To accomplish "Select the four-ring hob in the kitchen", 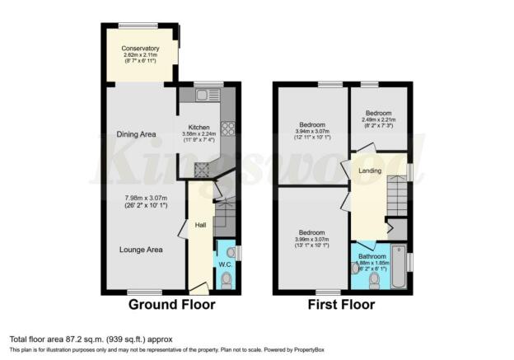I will tap(227, 128).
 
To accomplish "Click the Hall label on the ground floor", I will tap(199, 225).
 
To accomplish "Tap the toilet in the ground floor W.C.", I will tap(227, 280).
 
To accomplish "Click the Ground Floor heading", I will tap(171, 305).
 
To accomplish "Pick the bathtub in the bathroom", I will tap(399, 268).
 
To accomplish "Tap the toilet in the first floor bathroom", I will tap(375, 280).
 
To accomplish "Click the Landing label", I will tap(368, 171).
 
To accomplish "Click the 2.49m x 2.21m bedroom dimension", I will tap(378, 120).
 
